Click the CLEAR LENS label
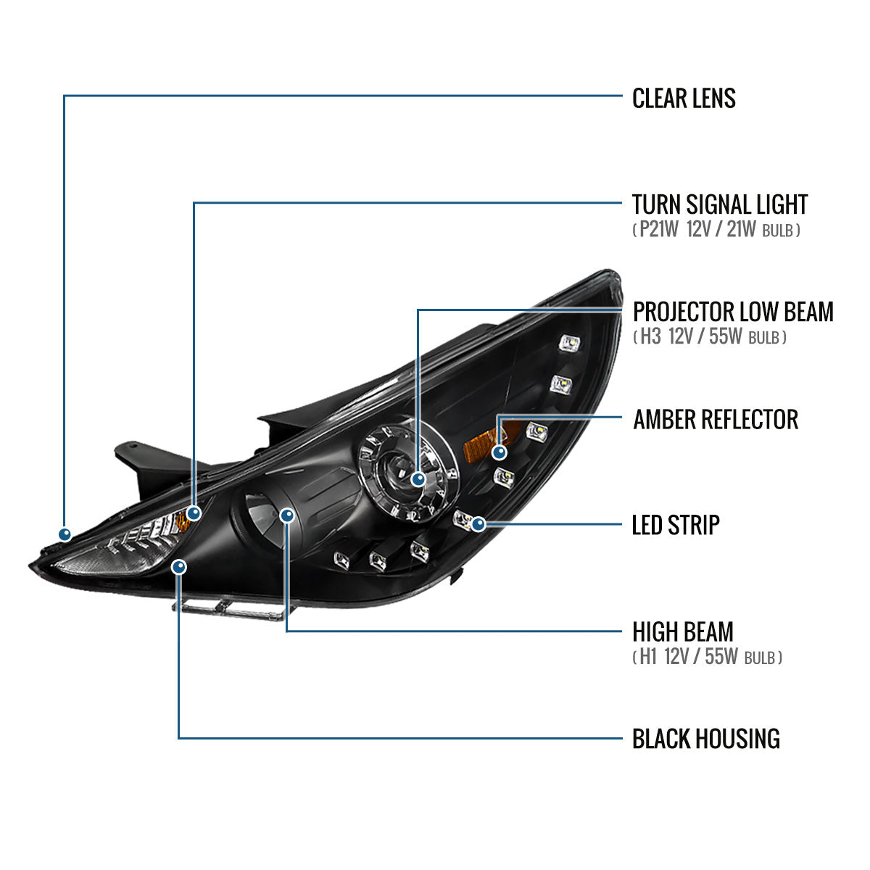point(684,99)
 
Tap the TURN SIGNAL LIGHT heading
point(719,204)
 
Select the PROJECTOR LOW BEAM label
point(733,312)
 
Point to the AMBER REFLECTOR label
point(716,419)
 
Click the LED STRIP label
point(676,524)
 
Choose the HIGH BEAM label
point(682,631)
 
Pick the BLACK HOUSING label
point(705,739)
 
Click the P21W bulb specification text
point(656,231)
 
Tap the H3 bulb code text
point(650,337)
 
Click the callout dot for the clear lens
point(65,534)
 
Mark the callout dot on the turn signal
point(194,513)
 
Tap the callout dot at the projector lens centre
point(418,478)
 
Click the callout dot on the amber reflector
point(499,453)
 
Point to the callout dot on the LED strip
point(478,523)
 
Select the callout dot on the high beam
point(287,515)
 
